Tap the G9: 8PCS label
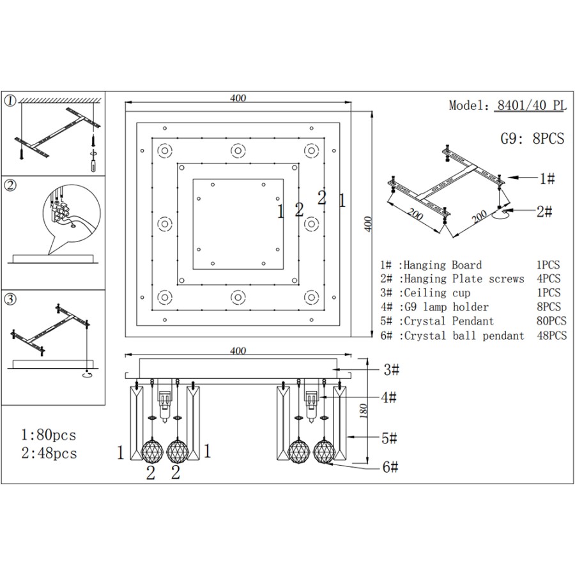(x=532, y=138)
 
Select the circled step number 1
(x=10, y=102)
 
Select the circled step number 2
(x=10, y=187)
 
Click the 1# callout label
(x=547, y=180)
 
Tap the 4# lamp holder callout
(x=390, y=398)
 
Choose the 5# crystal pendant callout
(x=390, y=439)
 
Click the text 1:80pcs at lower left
(x=49, y=436)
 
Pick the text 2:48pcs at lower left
(x=49, y=454)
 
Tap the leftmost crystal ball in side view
(x=151, y=450)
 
